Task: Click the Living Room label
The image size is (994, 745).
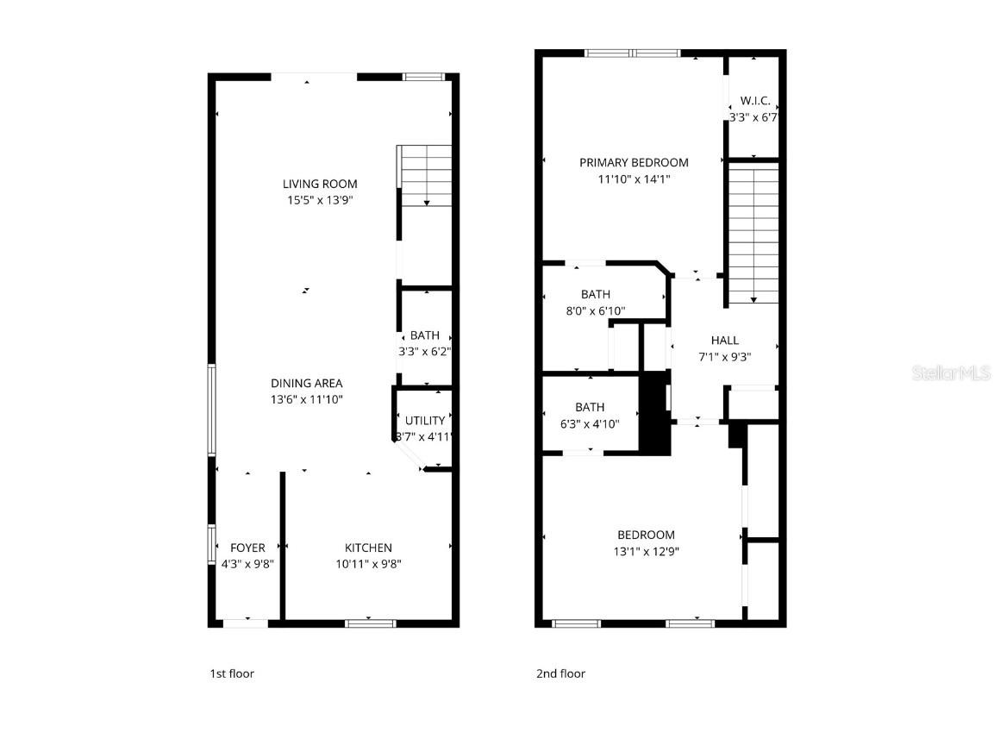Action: click(320, 184)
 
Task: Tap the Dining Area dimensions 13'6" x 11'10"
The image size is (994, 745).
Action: click(307, 399)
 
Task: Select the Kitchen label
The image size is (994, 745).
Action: click(368, 548)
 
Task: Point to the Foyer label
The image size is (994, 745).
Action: click(247, 548)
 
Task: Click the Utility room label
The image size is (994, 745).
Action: click(425, 421)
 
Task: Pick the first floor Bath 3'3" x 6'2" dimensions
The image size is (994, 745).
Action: click(425, 351)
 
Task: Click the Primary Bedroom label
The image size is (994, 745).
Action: click(634, 162)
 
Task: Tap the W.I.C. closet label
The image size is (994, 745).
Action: click(754, 101)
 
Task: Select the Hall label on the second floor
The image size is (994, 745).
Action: click(725, 340)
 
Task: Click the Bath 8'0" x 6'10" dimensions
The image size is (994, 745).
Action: click(596, 310)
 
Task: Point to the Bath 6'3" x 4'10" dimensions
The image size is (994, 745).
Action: click(590, 423)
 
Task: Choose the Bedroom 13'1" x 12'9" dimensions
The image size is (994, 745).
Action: click(646, 551)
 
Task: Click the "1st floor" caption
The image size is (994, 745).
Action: click(232, 673)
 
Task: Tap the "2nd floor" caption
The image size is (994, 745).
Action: click(560, 673)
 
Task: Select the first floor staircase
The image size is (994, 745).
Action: click(425, 176)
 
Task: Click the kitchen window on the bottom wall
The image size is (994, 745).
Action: click(370, 623)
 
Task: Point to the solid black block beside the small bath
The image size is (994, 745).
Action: click(655, 411)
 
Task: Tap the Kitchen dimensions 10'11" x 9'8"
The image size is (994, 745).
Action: click(368, 564)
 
